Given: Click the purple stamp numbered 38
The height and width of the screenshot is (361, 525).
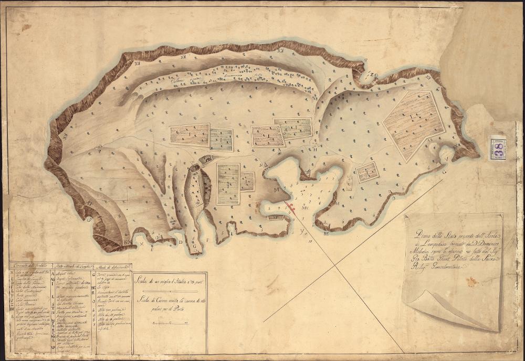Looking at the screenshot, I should click(x=497, y=148).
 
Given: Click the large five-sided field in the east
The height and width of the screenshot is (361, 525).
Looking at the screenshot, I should click(x=413, y=124).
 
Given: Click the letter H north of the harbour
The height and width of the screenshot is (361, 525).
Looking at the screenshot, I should click(x=316, y=148).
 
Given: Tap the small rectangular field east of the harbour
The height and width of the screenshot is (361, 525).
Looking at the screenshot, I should click(x=367, y=172).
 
